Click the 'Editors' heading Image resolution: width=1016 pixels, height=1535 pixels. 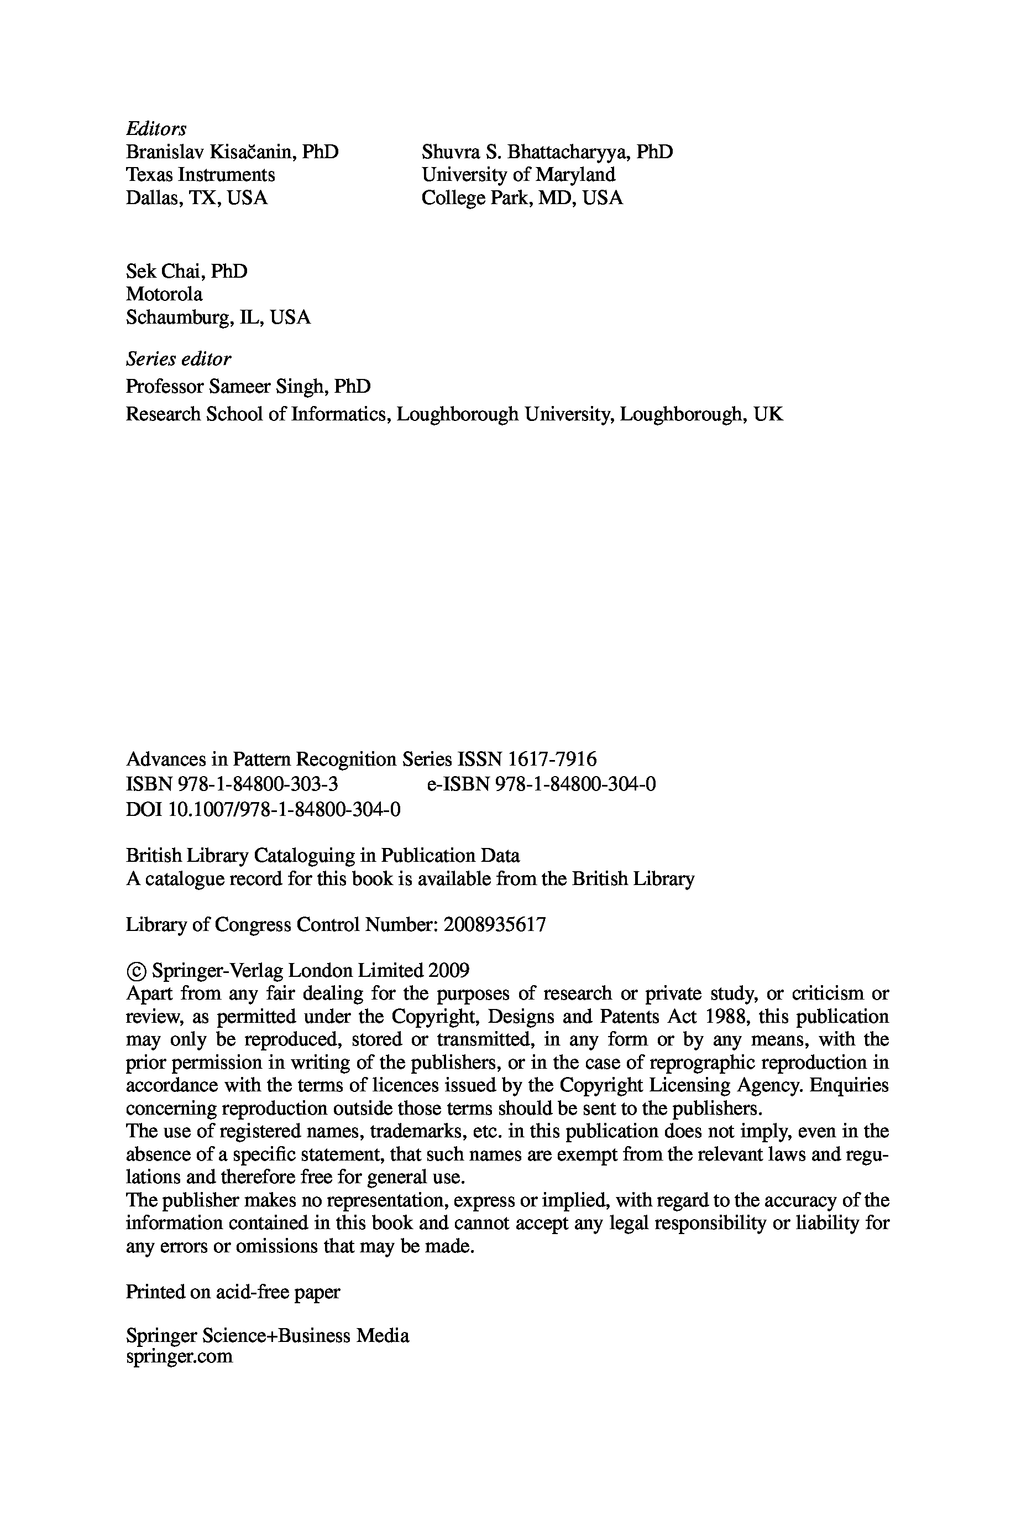point(155,128)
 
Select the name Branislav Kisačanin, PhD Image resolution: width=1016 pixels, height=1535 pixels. point(231,152)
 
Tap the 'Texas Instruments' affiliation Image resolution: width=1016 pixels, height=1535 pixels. point(200,175)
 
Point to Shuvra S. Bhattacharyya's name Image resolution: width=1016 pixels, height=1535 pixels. point(547,152)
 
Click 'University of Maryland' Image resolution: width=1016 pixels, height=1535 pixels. point(518,175)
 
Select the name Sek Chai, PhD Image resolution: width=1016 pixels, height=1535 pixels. point(186,271)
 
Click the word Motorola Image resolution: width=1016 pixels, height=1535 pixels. point(164,294)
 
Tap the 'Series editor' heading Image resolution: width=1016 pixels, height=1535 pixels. point(178,358)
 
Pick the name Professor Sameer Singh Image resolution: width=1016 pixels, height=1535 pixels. point(248,386)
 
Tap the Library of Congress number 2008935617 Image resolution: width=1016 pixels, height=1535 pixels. point(494,924)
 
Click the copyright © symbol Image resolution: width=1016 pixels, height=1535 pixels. point(136,971)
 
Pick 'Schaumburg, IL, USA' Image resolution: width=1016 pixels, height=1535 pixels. point(218,318)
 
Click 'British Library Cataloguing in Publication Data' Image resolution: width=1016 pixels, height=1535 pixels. point(322,856)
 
